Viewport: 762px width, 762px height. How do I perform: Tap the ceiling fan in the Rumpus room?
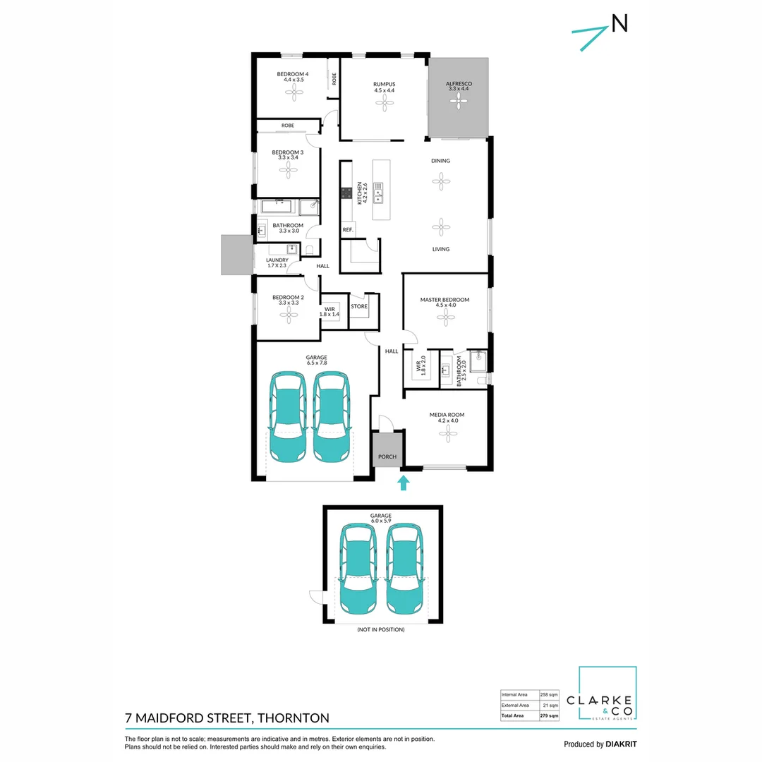(x=384, y=104)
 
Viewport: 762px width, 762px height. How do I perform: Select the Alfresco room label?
(x=457, y=83)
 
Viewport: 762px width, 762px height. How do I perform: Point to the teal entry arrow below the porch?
(x=403, y=483)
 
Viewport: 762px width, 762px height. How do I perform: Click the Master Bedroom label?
(x=445, y=300)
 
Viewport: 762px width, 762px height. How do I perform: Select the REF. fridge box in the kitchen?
(x=347, y=230)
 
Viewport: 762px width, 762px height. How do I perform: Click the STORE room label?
(x=359, y=306)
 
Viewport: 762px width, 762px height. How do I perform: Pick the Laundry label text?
(x=277, y=260)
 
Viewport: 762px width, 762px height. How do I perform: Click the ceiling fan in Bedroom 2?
(x=288, y=317)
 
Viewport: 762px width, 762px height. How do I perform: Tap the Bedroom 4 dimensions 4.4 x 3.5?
(x=292, y=80)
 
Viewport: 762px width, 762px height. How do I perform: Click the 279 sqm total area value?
(x=549, y=715)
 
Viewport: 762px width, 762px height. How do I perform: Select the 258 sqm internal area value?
(x=549, y=694)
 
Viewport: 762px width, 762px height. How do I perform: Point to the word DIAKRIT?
(x=622, y=744)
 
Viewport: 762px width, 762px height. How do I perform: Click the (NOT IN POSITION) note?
(x=380, y=629)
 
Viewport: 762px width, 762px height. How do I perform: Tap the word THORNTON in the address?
(x=294, y=718)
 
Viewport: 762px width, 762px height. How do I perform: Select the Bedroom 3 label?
(x=288, y=152)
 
